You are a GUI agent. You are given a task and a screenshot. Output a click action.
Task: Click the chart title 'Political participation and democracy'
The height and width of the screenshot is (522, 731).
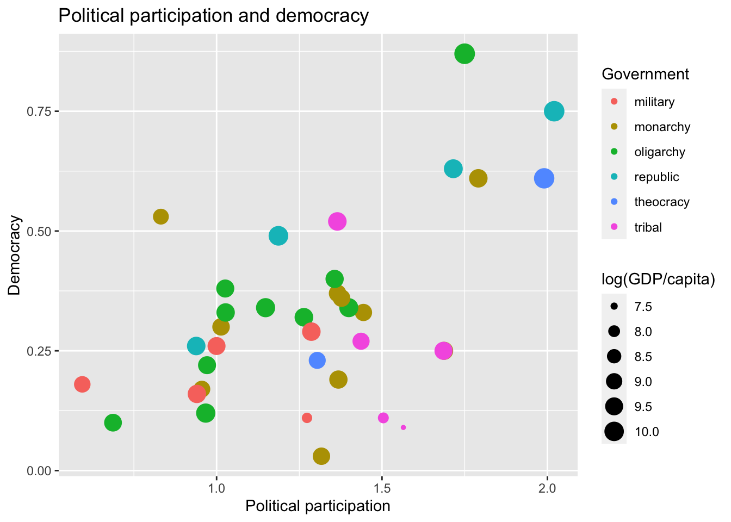(213, 16)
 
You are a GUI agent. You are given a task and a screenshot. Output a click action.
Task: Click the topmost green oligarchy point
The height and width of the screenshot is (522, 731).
(464, 54)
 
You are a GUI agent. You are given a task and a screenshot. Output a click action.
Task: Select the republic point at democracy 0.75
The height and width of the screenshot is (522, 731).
(554, 111)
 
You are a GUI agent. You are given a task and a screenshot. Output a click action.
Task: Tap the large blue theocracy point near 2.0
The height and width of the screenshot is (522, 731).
(544, 178)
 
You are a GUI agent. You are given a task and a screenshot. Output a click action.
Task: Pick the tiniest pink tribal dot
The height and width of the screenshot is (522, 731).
(403, 427)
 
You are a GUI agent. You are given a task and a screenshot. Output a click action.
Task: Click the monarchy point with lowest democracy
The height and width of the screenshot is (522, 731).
(321, 456)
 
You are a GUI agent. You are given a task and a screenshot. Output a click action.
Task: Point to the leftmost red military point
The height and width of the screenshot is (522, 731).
(82, 384)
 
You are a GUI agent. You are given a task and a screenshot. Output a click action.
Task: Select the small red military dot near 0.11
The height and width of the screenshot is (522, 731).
(307, 418)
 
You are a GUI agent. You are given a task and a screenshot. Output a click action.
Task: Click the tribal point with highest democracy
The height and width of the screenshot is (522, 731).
(337, 221)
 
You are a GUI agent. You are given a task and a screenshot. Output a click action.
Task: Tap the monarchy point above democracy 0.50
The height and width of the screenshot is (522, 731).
(160, 216)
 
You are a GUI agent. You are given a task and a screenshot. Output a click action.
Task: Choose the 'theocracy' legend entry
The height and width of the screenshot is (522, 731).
(661, 202)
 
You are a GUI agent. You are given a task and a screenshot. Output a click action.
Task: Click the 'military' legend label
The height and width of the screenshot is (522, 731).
(654, 102)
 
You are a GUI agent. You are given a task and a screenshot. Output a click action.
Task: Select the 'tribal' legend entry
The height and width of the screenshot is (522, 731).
(648, 227)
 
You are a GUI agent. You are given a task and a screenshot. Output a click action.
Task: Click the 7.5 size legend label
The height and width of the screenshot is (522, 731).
(643, 307)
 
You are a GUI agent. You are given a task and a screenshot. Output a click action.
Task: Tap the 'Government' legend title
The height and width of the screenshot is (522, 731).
(645, 74)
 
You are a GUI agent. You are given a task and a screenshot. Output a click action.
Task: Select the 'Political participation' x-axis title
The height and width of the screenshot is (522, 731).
(318, 506)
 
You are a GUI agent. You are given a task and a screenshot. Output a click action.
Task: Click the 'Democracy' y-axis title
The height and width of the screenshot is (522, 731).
(15, 256)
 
